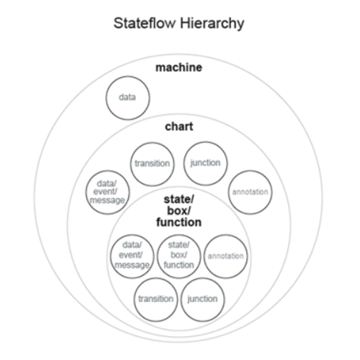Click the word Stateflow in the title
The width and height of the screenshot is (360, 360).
pyautogui.click(x=144, y=23)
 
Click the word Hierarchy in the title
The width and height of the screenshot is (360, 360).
pyautogui.click(x=212, y=24)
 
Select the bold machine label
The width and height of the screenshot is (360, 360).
pyautogui.click(x=179, y=67)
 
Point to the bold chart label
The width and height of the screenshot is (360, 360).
pyautogui.click(x=179, y=127)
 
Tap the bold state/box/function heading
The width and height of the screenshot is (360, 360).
pyautogui.click(x=179, y=211)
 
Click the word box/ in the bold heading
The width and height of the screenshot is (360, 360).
pyautogui.click(x=179, y=211)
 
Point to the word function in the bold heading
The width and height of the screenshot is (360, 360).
pyautogui.click(x=179, y=222)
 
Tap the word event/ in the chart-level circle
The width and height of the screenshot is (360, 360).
pyautogui.click(x=105, y=192)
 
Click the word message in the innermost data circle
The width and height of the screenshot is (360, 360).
pyautogui.click(x=132, y=265)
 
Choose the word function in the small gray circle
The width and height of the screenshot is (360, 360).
pyautogui.click(x=179, y=265)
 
